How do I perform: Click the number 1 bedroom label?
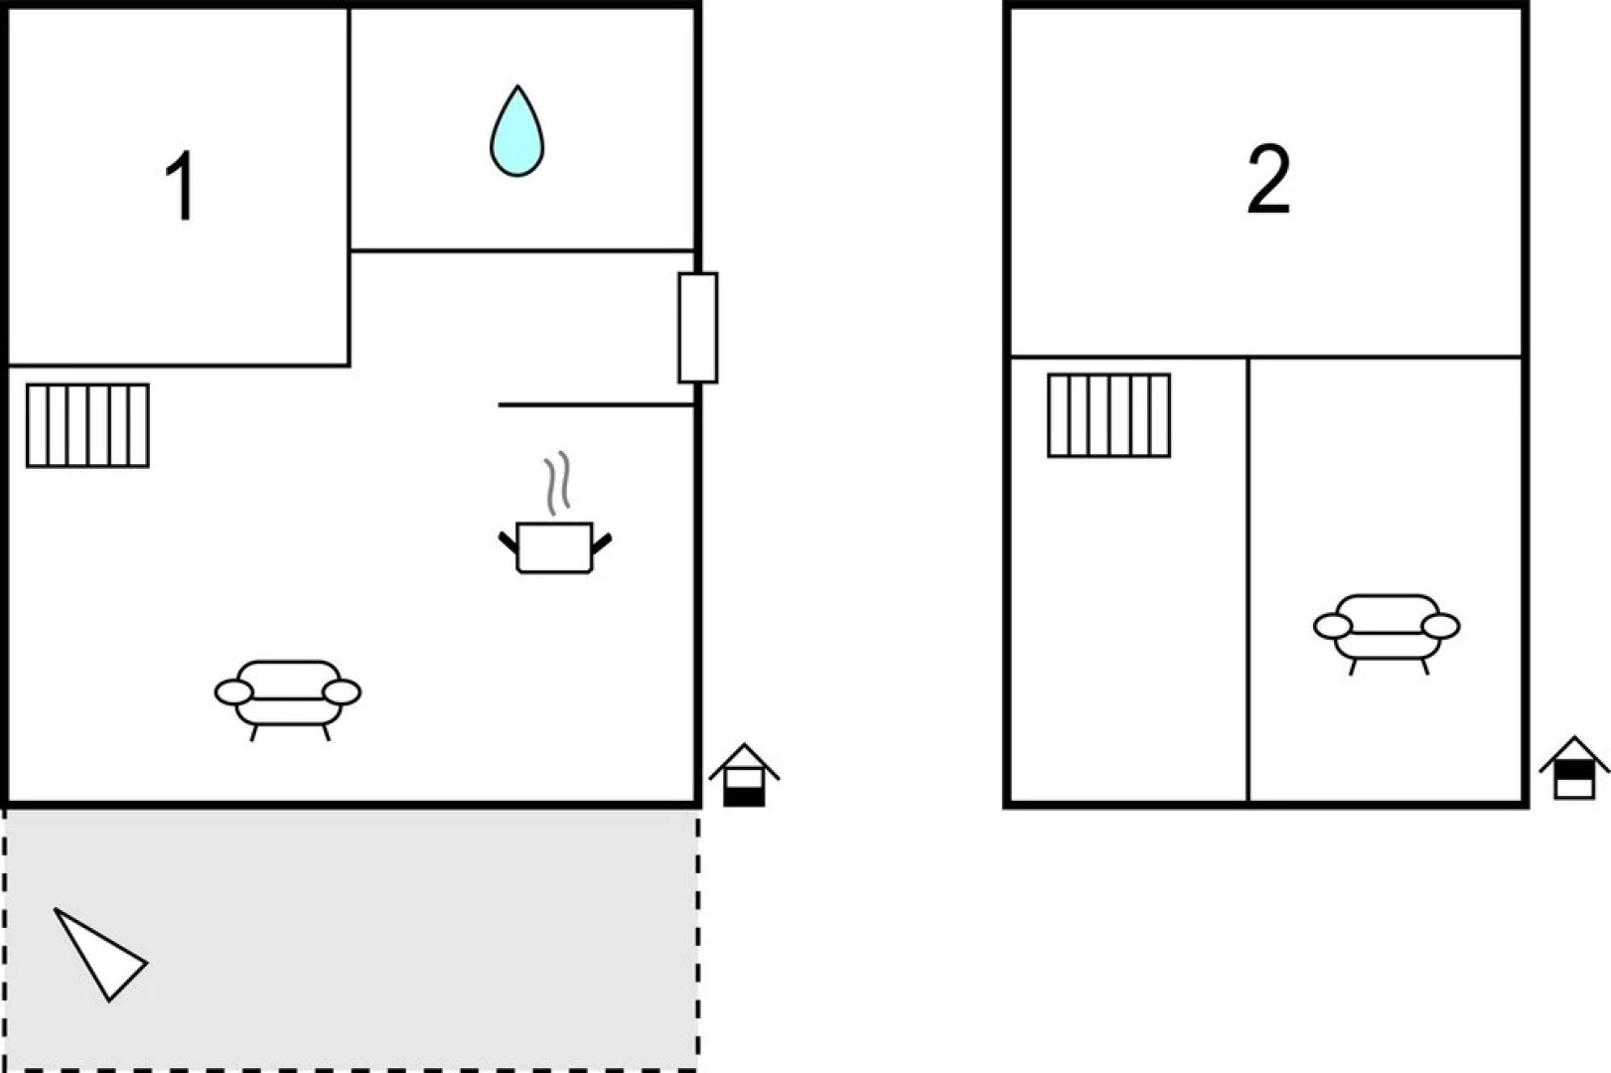tap(181, 185)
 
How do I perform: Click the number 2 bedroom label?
tap(1269, 179)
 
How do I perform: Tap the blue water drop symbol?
tap(517, 132)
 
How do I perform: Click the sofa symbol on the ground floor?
tap(288, 699)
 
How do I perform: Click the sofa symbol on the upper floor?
tap(1388, 633)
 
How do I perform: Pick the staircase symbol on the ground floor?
tap(87, 425)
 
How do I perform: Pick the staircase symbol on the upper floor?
tap(1109, 415)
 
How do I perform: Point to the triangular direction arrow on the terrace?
tap(99, 954)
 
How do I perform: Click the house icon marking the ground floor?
tap(744, 775)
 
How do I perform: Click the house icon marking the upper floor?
tap(1574, 768)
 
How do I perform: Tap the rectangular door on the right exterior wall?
tap(697, 328)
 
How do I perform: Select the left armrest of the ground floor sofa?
tap(233, 692)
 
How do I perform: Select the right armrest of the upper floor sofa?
tap(1440, 626)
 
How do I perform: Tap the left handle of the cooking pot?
tap(508, 541)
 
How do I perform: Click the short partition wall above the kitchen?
tap(596, 405)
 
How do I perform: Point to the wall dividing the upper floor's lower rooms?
tap(1247, 579)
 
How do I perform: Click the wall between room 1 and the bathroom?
tap(350, 187)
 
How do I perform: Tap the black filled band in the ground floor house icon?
tap(744, 797)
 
